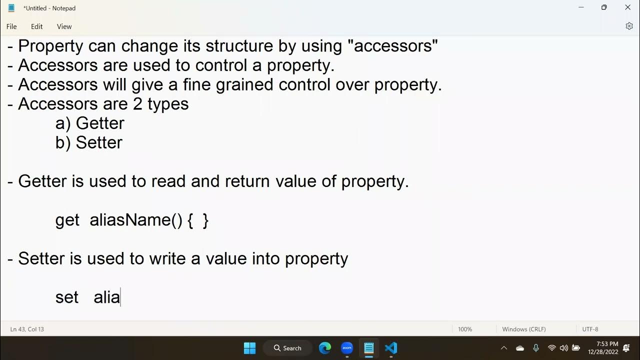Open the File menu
click(11, 26)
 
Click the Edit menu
click(37, 26)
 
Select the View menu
click(64, 26)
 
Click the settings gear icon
click(629, 26)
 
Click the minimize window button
click(581, 7)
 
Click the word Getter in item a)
click(100, 123)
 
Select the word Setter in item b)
click(99, 143)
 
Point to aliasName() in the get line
click(136, 220)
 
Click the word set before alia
click(67, 297)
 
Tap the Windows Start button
click(249, 348)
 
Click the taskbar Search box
click(288, 348)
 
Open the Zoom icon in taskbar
click(347, 347)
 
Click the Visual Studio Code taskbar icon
click(391, 348)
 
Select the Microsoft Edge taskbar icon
click(325, 348)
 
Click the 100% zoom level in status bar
click(465, 329)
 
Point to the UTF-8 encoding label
click(590, 329)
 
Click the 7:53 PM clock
click(607, 344)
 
